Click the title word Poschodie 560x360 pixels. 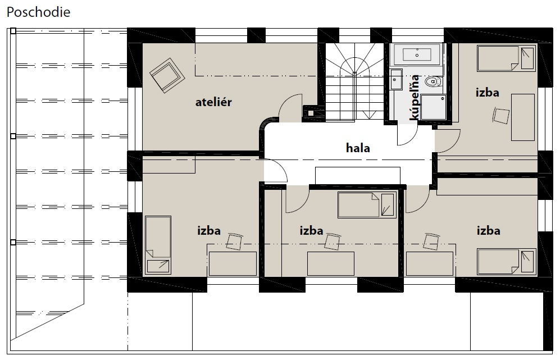39,12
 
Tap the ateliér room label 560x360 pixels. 213,102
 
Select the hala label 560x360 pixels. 358,148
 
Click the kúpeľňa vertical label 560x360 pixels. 415,98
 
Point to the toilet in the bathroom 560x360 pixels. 433,82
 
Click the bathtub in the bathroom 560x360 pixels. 416,54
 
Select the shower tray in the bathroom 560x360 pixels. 434,107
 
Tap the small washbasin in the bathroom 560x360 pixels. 396,79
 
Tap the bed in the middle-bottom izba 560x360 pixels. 367,205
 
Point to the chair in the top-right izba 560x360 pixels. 502,116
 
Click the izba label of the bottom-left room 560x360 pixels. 209,230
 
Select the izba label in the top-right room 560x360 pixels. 487,93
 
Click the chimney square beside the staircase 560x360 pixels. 311,113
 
